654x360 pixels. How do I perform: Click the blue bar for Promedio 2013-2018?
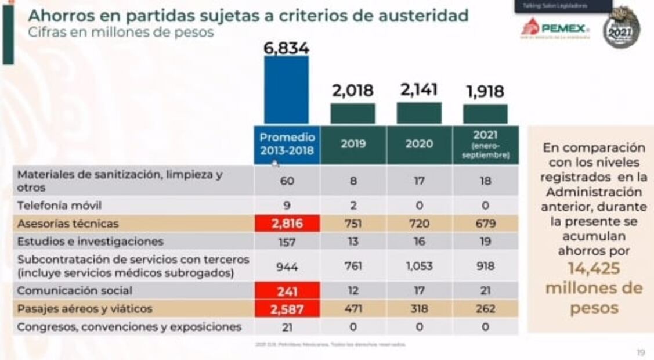(x=287, y=90)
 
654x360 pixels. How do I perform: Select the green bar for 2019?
(x=353, y=113)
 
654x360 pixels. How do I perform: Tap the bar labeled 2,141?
(x=419, y=113)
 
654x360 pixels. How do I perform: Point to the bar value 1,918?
(x=485, y=91)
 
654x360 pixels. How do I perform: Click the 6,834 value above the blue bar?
(x=287, y=48)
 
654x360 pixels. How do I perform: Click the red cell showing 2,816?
(x=287, y=224)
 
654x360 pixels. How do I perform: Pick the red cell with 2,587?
(x=287, y=309)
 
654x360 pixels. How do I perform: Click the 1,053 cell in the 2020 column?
(x=419, y=266)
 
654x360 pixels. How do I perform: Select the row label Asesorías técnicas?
(x=68, y=224)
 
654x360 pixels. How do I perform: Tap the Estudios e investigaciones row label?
(x=91, y=242)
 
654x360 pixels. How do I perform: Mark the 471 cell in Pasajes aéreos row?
(x=353, y=309)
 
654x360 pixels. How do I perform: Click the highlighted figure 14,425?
(x=594, y=269)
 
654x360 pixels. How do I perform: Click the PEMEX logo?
(x=555, y=28)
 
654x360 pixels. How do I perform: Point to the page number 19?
(x=641, y=352)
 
